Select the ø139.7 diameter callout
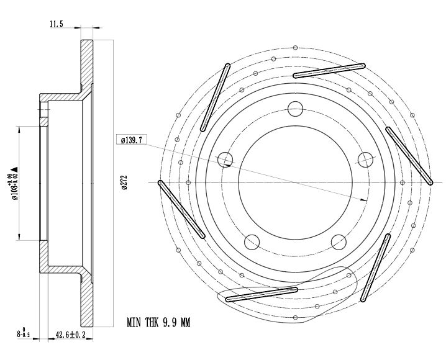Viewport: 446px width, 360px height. [x=131, y=140]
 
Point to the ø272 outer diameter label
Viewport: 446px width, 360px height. [x=124, y=183]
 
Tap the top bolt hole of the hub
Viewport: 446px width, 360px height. [x=296, y=109]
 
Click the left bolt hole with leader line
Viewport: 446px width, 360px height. [x=225, y=160]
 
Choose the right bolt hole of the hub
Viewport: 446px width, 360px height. [x=365, y=160]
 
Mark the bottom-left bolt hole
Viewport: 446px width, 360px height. [x=252, y=241]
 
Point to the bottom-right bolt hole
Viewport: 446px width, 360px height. [x=339, y=241]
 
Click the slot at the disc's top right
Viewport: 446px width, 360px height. [x=329, y=71]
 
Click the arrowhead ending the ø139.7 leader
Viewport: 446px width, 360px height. [x=364, y=200]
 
